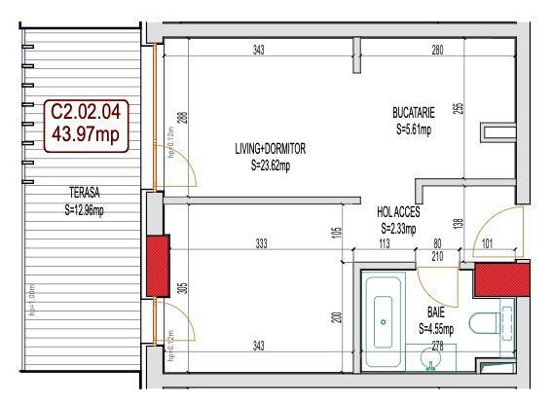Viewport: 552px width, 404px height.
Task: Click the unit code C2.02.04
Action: [86, 113]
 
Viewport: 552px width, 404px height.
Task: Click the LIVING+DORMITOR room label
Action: [270, 149]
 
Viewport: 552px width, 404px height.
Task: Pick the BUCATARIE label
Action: [413, 113]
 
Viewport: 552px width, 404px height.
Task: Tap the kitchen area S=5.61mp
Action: [413, 128]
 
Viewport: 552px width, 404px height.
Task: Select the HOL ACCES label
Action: [398, 212]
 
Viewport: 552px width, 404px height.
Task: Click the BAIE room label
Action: [436, 313]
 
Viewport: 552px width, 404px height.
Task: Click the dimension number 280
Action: [437, 50]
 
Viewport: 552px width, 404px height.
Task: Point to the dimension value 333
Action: [261, 244]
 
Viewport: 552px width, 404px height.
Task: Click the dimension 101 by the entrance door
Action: [487, 244]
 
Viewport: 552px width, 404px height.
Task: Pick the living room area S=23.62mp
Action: [270, 165]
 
